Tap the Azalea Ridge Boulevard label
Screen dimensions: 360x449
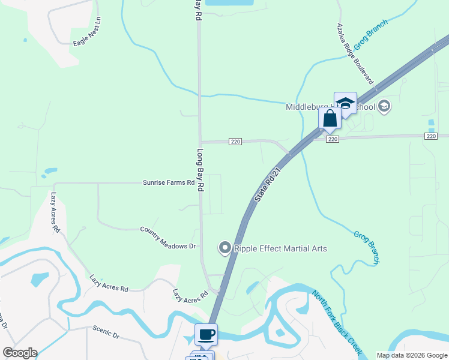[355, 54]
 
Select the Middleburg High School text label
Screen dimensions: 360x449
[330, 107]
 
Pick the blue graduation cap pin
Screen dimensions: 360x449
[345, 103]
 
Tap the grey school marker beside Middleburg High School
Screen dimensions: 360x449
[384, 107]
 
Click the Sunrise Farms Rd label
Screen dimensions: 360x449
[169, 182]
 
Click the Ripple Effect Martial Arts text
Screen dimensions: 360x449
[280, 248]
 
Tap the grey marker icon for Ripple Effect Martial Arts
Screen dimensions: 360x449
[224, 247]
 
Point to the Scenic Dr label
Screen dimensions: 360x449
[107, 332]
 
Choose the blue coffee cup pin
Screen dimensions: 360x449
[206, 334]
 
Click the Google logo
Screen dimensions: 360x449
[20, 352]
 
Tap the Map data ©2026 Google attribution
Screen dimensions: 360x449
[411, 355]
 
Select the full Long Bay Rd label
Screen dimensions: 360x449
[201, 169]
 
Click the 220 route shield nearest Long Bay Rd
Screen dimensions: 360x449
[235, 142]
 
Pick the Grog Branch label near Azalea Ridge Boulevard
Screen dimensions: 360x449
[370, 35]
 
